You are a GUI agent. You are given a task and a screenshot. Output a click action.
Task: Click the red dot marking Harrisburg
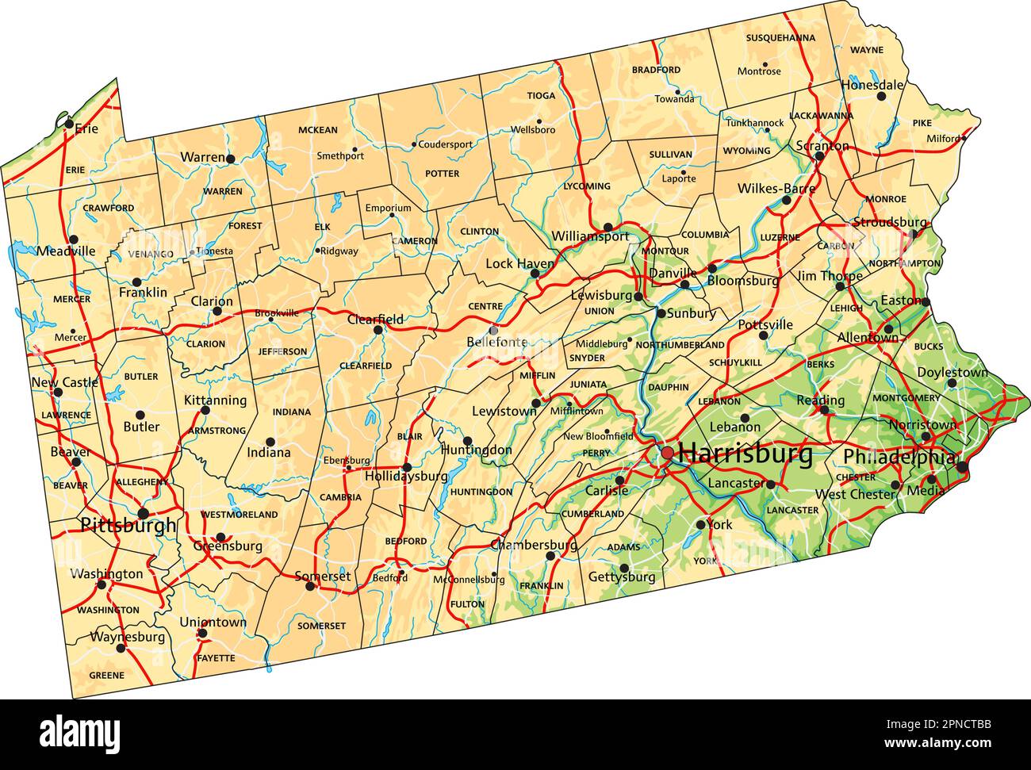[x=667, y=452]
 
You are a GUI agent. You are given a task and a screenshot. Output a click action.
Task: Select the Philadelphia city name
[x=899, y=458]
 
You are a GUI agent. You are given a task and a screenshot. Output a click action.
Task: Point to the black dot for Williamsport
[x=607, y=227]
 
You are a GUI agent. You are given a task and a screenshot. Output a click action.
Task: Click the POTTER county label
[x=442, y=174]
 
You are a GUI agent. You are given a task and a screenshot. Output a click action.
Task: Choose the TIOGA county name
[x=541, y=96]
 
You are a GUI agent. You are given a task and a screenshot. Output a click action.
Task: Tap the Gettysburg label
[x=621, y=577]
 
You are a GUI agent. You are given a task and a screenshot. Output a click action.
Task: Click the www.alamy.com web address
[x=944, y=744]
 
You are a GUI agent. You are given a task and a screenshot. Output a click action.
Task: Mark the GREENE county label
[x=106, y=676]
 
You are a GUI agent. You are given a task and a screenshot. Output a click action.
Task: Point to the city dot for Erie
[x=70, y=123]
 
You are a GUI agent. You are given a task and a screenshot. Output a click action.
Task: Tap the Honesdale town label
[x=872, y=84]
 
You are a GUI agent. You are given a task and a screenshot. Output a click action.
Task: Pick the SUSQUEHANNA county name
[x=780, y=37]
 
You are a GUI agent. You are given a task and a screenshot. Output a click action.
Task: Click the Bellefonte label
[x=496, y=343]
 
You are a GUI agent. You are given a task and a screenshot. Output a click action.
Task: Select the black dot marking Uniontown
[x=202, y=633]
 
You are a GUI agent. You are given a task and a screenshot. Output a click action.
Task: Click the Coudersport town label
[x=445, y=145]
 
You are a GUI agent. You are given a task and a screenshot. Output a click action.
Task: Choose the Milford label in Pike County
[x=943, y=139]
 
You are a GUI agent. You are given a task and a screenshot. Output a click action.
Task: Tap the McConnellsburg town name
[x=469, y=580]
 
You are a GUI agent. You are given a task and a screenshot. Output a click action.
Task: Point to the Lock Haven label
[x=519, y=263]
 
